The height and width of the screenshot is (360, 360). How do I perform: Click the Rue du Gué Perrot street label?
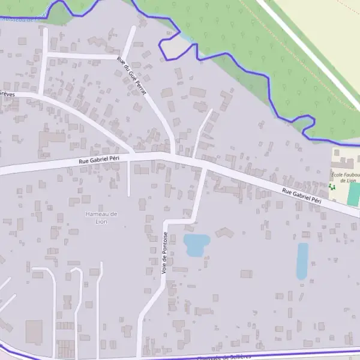[131, 75]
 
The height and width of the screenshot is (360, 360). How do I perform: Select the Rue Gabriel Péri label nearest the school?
[302, 196]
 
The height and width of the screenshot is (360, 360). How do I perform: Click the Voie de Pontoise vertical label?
[164, 253]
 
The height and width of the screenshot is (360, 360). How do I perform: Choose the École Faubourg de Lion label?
[344, 176]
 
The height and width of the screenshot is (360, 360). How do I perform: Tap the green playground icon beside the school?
[332, 187]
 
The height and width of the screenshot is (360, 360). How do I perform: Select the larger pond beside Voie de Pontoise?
[196, 244]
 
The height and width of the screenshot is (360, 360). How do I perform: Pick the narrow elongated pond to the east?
[302, 260]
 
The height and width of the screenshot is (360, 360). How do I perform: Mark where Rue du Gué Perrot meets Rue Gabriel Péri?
[173, 155]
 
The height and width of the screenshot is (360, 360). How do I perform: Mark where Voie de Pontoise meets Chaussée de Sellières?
[139, 356]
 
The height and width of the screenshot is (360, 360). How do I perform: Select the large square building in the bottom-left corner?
[34, 332]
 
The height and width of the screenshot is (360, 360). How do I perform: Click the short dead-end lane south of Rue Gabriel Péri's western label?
[129, 180]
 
